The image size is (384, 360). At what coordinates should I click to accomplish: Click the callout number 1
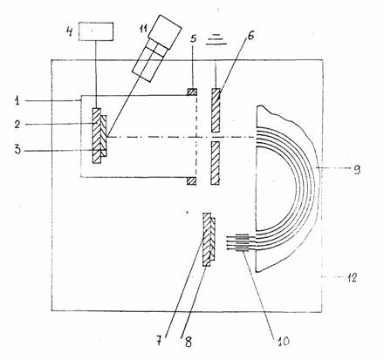pyautogui.click(x=17, y=101)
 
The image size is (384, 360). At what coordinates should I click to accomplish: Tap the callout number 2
pyautogui.click(x=17, y=124)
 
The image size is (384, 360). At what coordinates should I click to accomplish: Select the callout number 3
pyautogui.click(x=17, y=150)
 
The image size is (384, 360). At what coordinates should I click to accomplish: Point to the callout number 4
pyautogui.click(x=69, y=31)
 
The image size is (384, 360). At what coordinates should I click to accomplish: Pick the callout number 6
pyautogui.click(x=250, y=35)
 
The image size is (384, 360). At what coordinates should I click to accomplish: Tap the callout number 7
pyautogui.click(x=159, y=341)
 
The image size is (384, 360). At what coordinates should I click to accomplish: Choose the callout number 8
pyautogui.click(x=188, y=343)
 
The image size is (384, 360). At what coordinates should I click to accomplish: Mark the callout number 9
pyautogui.click(x=357, y=169)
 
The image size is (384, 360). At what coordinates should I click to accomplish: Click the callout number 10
pyautogui.click(x=282, y=341)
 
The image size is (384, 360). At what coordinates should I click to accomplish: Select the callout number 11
pyautogui.click(x=143, y=29)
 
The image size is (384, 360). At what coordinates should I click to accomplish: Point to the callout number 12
pyautogui.click(x=352, y=278)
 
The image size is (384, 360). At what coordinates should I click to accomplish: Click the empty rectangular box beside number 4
pyautogui.click(x=96, y=31)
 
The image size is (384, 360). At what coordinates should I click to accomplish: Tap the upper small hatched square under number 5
pyautogui.click(x=192, y=92)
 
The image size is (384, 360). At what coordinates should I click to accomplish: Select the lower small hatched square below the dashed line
pyautogui.click(x=191, y=180)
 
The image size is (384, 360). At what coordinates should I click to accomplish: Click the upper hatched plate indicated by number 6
pyautogui.click(x=216, y=110)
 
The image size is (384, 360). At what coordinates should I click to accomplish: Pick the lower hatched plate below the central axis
pyautogui.click(x=216, y=163)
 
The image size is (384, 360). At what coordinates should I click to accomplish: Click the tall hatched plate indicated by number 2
pyautogui.click(x=97, y=135)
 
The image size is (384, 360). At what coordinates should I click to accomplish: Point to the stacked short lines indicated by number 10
pyautogui.click(x=242, y=242)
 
